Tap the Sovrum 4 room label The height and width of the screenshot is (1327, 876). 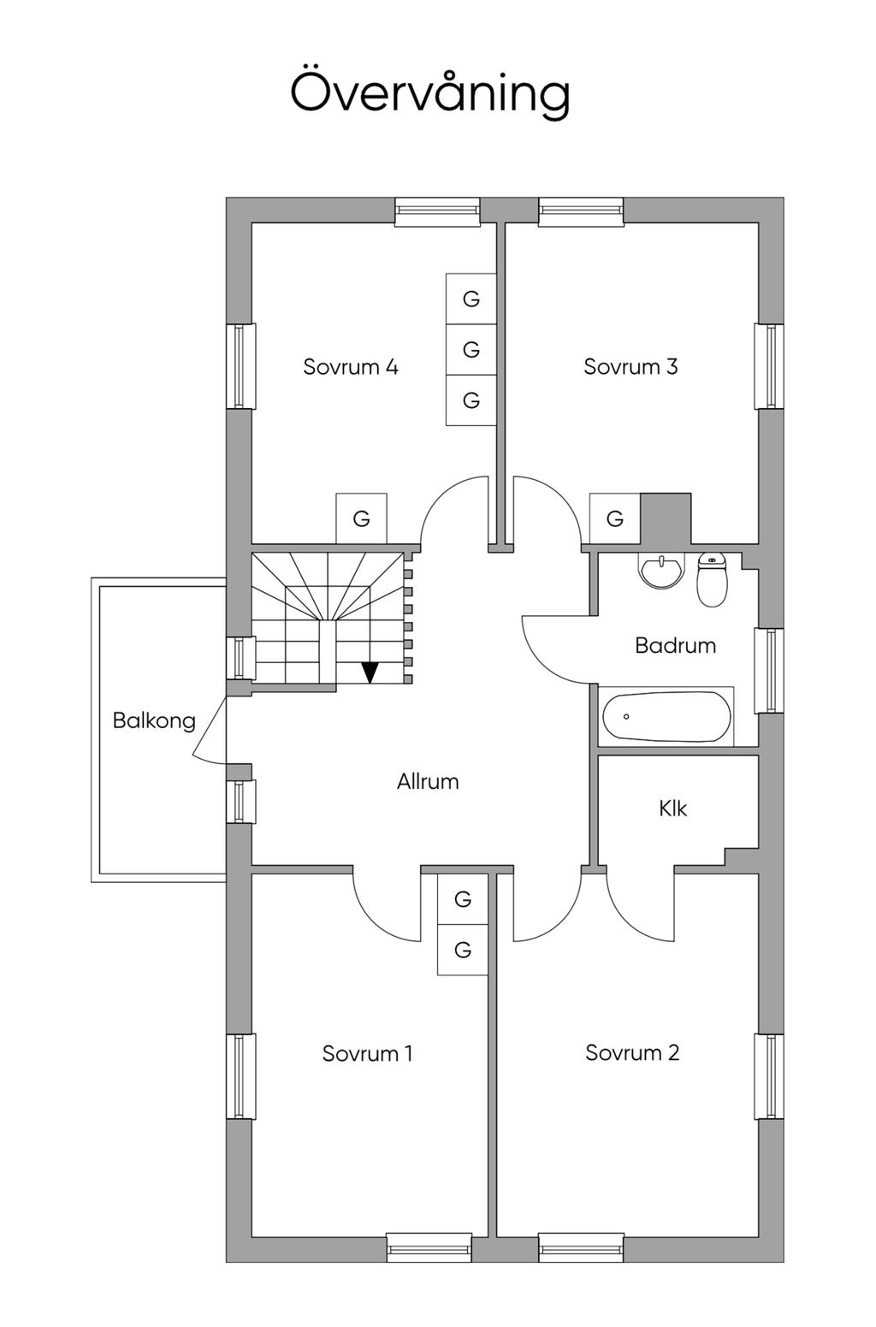(351, 367)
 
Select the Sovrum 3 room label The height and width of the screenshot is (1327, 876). (630, 366)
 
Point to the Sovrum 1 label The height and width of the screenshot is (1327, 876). (367, 1053)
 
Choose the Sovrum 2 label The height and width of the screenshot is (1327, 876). (632, 1052)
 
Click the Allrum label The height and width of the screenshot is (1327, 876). (428, 781)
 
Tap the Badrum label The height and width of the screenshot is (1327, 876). (675, 645)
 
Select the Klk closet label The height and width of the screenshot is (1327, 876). (673, 808)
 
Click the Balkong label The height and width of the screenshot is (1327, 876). (154, 721)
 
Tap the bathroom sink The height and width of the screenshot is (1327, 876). (661, 570)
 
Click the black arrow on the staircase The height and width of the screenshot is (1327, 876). (370, 672)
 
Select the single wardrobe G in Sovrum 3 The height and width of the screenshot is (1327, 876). (615, 518)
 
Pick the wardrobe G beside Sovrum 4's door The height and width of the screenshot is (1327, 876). (361, 518)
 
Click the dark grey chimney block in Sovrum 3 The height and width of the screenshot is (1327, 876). (666, 518)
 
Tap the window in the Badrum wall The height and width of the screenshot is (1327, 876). (769, 670)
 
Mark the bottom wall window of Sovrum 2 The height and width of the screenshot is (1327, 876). (581, 1247)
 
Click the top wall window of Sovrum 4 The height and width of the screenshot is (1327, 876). (437, 211)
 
